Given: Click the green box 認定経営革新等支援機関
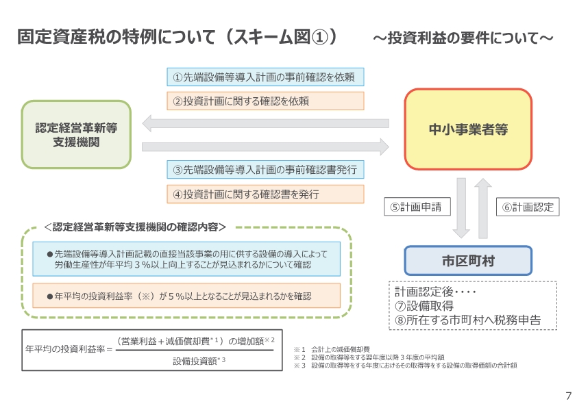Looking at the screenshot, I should [76, 135].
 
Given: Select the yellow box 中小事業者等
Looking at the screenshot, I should [468, 129].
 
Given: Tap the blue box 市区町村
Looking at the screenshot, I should [468, 261].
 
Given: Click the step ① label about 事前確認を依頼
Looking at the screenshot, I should [265, 77].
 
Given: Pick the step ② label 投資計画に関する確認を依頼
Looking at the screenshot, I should [265, 101].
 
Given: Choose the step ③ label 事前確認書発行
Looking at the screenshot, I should [265, 169].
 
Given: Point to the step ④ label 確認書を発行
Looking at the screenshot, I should [265, 193].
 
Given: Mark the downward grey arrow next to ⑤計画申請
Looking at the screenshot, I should [461, 207].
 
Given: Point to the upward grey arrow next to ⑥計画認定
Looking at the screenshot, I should [482, 207].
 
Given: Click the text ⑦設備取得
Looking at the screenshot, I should [424, 305].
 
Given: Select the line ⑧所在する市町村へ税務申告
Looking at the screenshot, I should [467, 319].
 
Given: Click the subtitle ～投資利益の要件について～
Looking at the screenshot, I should [463, 38].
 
